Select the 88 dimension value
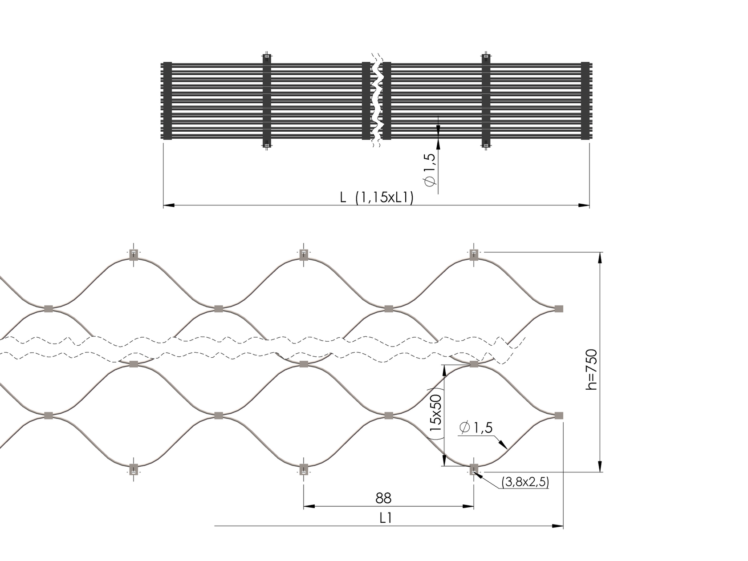pos(383,497)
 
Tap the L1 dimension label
pos(386,518)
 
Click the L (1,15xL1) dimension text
pos(377,198)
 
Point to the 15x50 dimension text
pos(436,413)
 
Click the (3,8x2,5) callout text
pos(525,482)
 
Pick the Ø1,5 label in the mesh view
pos(476,428)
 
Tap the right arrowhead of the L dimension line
pos(584,206)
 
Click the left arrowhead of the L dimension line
pos(169,206)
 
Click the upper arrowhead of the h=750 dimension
pos(601,257)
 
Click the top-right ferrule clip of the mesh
pos(474,254)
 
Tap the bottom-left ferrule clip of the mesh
pos(134,469)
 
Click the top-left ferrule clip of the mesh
pos(134,254)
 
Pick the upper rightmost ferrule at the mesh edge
pos(559,308)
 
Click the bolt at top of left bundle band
pos(266,57)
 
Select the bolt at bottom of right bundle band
pos(485,145)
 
